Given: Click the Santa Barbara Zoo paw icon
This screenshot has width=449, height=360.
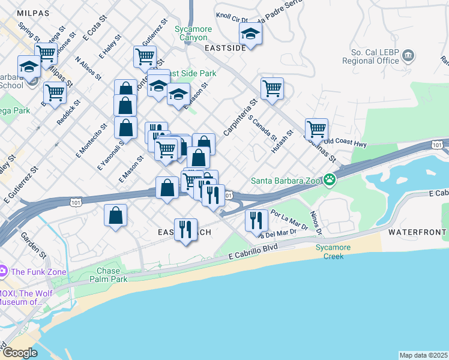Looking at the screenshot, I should click(329, 179).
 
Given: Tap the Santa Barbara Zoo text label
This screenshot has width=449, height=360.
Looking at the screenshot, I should click(286, 179).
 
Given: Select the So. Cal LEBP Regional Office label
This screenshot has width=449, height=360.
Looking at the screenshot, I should click(370, 56).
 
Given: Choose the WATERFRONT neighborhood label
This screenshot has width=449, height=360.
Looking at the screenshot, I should click(417, 232).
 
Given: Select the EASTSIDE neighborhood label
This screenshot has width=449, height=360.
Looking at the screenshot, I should click(225, 47).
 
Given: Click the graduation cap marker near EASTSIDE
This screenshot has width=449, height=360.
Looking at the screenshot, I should click(250, 34).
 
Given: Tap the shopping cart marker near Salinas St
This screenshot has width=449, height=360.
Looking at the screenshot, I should click(316, 128).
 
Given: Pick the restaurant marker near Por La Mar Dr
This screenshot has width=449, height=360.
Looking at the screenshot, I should click(256, 220).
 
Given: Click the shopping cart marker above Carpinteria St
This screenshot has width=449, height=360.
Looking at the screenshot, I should click(272, 89).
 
